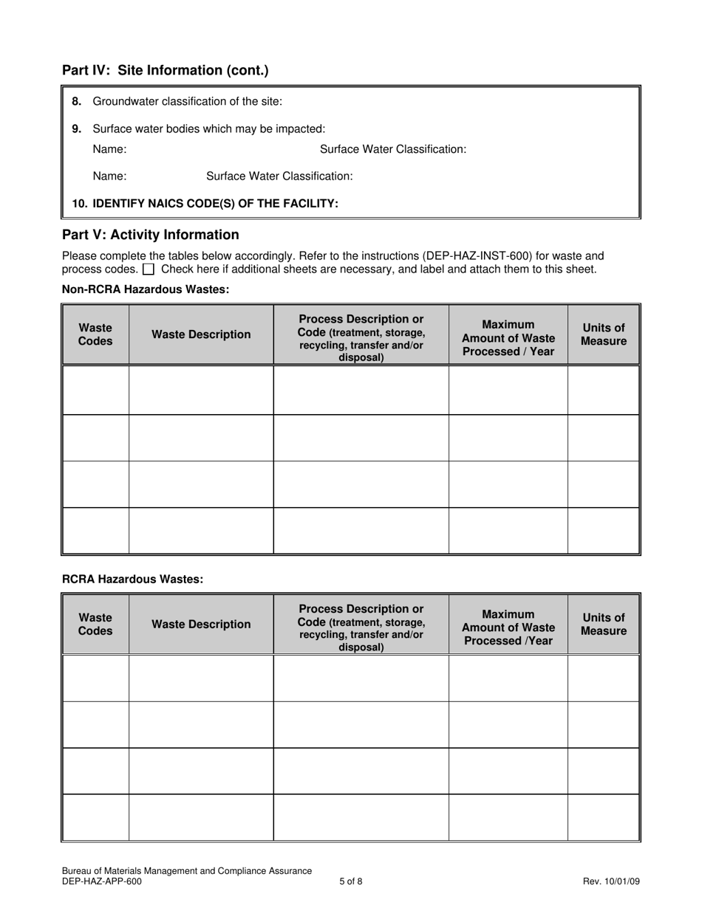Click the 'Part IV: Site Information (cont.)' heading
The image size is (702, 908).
pos(166,71)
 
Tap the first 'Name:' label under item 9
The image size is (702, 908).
pos(109,149)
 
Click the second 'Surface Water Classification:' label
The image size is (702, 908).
pos(279,176)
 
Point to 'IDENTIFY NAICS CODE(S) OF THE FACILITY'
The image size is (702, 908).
pos(215,203)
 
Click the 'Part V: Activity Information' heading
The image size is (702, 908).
pos(151,235)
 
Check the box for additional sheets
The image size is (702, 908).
pos(149,269)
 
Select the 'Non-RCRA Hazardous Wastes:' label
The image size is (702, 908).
pos(146,289)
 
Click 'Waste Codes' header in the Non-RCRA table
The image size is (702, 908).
pos(95,334)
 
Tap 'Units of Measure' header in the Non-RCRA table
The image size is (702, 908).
pos(603,334)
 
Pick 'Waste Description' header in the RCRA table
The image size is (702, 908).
pos(201,625)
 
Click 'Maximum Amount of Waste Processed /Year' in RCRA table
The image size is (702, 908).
pos(508,627)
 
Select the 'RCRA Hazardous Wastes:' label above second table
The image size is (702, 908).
pos(132,579)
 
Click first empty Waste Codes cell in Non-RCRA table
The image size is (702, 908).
pos(95,390)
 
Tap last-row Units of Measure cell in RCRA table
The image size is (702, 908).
pos(603,817)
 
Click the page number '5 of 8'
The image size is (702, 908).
pos(351,881)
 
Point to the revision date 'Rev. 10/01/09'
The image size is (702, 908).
pos(611,881)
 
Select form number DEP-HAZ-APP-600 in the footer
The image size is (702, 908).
pos(102,881)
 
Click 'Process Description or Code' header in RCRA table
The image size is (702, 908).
pos(361,627)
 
